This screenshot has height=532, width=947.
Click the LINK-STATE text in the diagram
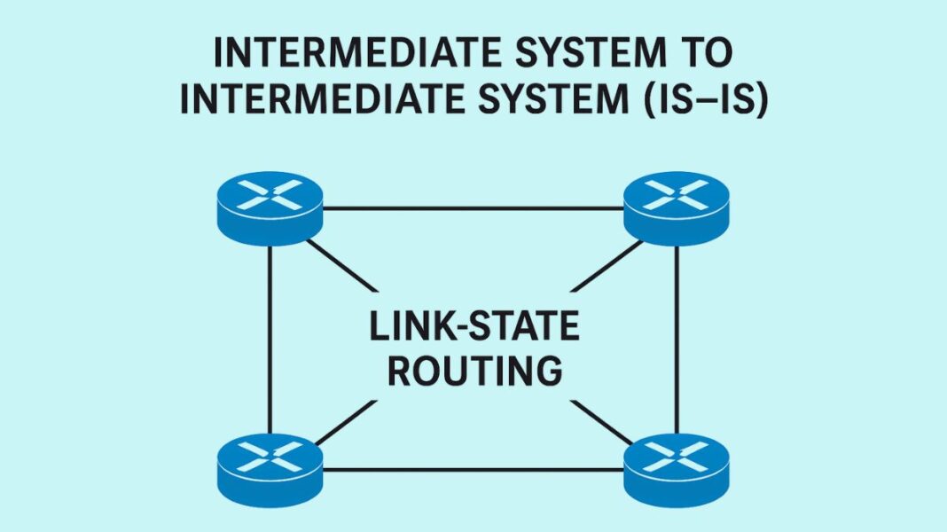pos(473,327)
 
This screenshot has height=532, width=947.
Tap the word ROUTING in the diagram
pos(473,370)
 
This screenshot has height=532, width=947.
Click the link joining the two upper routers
pos(473,208)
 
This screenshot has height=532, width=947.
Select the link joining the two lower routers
pos(473,469)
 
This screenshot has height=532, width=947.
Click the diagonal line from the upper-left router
pos(346,268)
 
